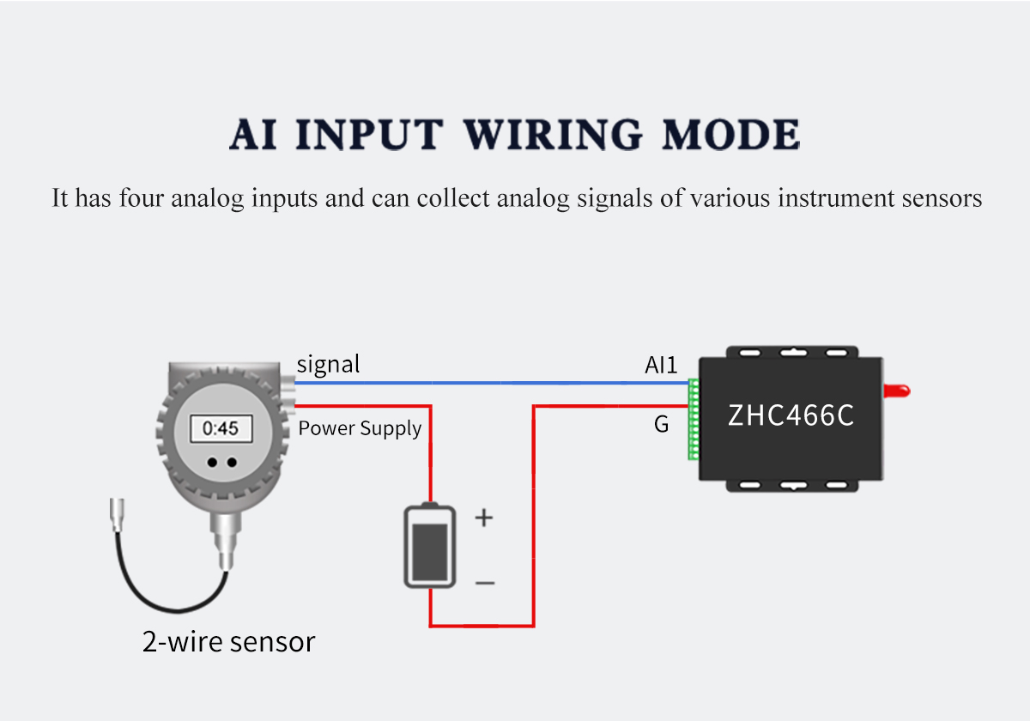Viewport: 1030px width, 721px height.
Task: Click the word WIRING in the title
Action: [552, 134]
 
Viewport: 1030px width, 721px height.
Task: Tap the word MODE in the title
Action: [731, 134]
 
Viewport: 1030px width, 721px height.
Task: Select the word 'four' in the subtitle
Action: [141, 198]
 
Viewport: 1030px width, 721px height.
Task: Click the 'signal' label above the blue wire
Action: [328, 366]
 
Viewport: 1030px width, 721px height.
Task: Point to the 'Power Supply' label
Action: [360, 428]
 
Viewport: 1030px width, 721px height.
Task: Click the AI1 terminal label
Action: [661, 365]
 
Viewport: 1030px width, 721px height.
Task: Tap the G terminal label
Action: [661, 424]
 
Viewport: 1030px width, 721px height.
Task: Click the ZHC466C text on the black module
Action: [791, 415]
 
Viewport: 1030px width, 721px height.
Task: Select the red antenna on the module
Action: [897, 391]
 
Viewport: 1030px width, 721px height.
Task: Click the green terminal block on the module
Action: [694, 420]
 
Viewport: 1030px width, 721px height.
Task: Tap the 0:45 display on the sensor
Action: [221, 428]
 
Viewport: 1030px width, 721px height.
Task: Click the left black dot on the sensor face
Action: [212, 462]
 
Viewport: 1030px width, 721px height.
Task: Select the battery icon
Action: [430, 545]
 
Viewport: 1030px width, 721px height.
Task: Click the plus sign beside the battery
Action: [484, 518]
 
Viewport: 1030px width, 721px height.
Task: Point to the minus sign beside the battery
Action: [485, 583]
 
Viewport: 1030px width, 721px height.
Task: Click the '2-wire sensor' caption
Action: [228, 642]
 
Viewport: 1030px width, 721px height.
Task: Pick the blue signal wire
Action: [492, 383]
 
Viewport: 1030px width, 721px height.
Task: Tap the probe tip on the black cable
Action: [117, 515]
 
